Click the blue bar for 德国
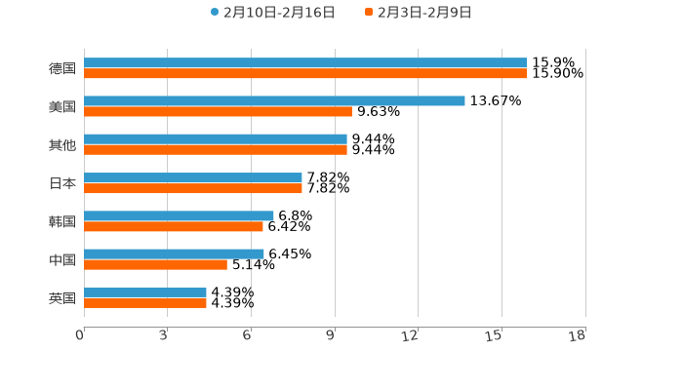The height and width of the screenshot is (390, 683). [305, 62]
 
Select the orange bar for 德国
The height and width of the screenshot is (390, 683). [305, 73]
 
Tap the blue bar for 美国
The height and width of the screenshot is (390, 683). [274, 100]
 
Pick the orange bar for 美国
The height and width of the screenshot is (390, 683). [218, 111]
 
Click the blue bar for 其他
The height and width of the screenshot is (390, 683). [216, 138]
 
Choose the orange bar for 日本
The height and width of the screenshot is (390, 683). [193, 188]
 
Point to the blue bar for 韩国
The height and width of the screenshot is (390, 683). [179, 215]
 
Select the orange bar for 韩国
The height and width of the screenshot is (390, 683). [174, 226]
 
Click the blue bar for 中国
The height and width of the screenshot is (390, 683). [174, 253]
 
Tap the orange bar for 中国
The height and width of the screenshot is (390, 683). [155, 264]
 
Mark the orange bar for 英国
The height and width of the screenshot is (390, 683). [145, 303]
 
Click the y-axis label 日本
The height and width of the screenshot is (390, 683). [62, 183]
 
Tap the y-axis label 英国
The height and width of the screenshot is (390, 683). [62, 298]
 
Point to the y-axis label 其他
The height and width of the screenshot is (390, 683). [62, 145]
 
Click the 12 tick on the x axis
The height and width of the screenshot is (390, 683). [411, 336]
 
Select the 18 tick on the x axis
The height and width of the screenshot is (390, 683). [578, 336]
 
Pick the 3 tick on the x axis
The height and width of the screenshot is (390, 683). [163, 336]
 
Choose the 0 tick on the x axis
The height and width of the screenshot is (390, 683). [80, 336]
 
